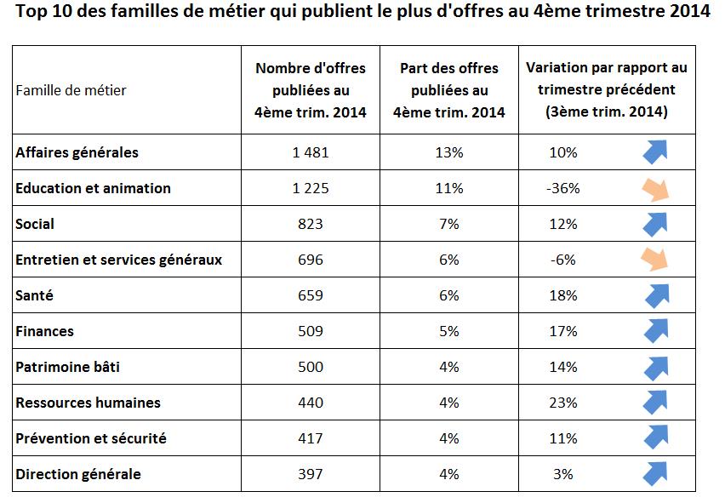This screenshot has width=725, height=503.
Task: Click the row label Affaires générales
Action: (x=77, y=152)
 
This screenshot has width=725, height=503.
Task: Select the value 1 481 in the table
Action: (x=311, y=152)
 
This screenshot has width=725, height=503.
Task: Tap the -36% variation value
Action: (x=562, y=188)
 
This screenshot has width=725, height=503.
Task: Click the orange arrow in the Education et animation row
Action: (x=655, y=188)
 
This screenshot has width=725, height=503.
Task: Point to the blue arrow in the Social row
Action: (x=655, y=223)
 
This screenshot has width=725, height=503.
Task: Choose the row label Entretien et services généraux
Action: (x=118, y=260)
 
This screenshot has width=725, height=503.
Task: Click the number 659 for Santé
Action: (x=311, y=295)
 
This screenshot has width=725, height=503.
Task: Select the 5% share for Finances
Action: (x=448, y=331)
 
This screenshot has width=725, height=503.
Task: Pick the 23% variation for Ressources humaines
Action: (x=562, y=403)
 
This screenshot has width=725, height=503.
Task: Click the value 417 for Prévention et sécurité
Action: (x=311, y=438)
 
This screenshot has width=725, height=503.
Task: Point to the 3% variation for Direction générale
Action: (x=562, y=474)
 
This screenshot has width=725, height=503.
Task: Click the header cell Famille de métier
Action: (x=71, y=90)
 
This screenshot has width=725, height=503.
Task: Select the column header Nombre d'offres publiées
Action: (x=311, y=89)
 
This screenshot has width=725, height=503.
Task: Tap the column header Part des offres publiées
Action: (x=448, y=89)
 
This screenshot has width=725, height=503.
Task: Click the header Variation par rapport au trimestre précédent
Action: (x=606, y=89)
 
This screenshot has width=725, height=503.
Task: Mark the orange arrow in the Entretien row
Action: (x=655, y=259)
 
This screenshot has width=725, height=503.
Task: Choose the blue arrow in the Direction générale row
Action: (x=655, y=473)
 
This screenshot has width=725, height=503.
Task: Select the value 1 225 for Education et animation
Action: (x=311, y=188)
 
